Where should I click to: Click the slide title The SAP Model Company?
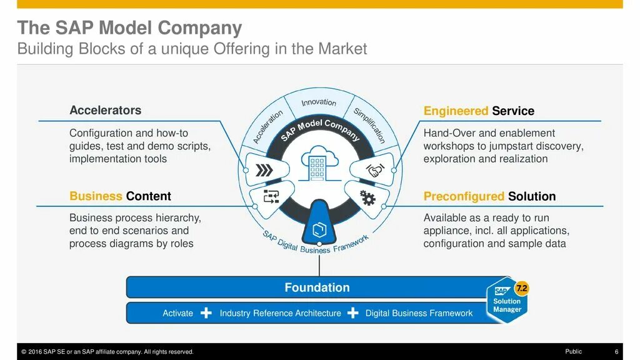pos(129,28)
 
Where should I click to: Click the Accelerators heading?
pos(105,111)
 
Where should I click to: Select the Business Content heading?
pos(120,196)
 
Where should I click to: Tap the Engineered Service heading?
pos(479,111)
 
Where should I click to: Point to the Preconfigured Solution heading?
pos(489,196)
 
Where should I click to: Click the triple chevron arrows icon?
pos(265,170)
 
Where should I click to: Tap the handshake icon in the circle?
pos(374,170)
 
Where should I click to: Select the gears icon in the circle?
pos(367,198)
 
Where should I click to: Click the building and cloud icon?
pos(319,165)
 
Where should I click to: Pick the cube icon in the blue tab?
pos(319,227)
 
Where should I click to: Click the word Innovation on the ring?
pos(319,102)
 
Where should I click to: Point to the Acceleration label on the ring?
pos(267,126)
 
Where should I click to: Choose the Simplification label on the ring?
pos(369,126)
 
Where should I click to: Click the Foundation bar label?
pos(317,287)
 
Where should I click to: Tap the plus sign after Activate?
pos(206,313)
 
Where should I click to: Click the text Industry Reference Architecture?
pos(281,313)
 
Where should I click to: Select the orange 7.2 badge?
pos(521,289)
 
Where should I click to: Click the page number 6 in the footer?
pos(616,352)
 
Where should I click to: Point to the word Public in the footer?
pos(573,352)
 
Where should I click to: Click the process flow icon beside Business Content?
pos(271,197)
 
